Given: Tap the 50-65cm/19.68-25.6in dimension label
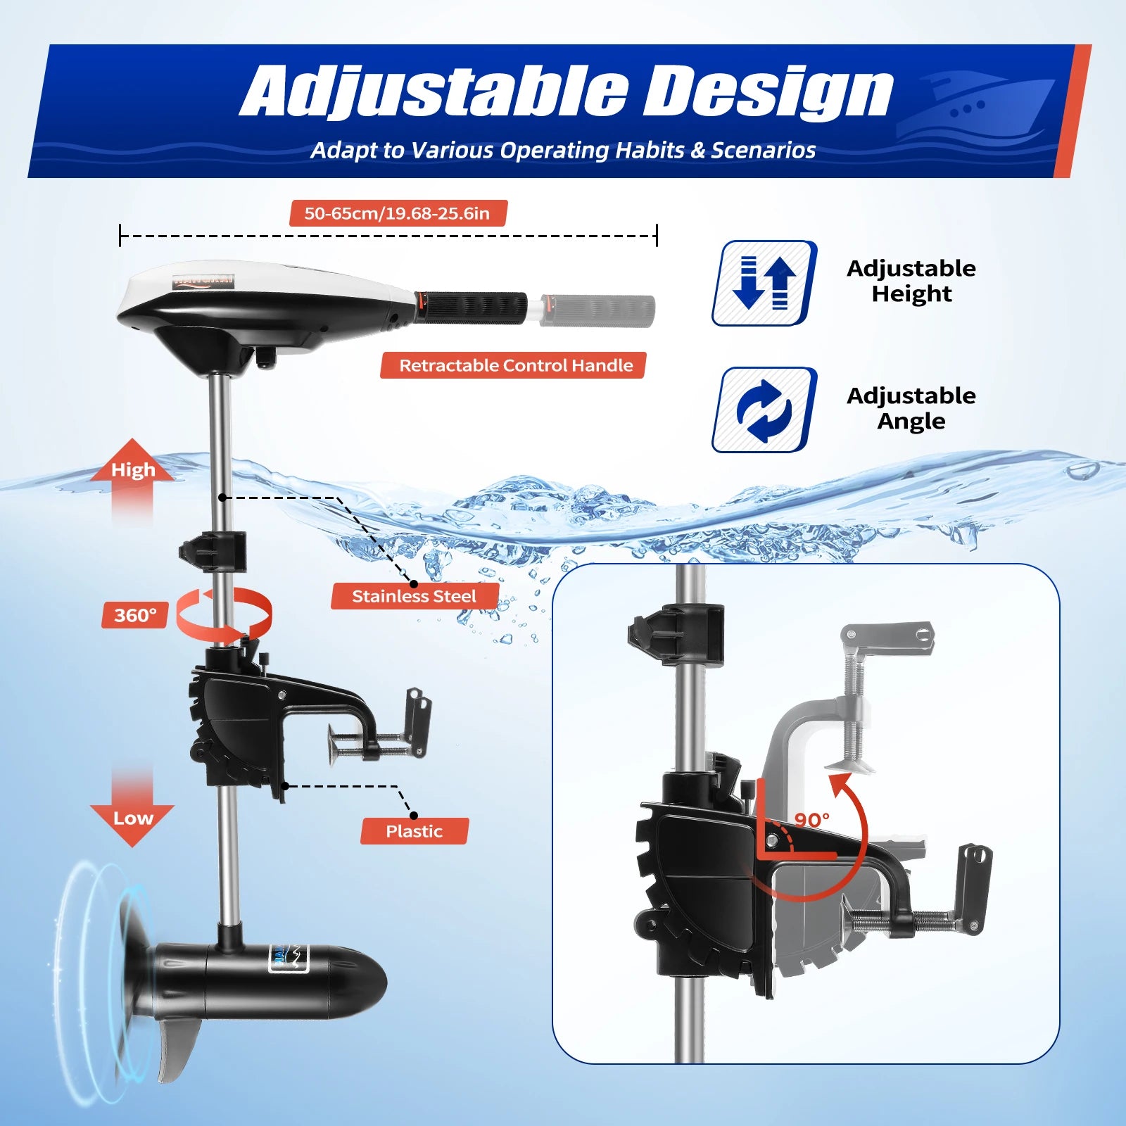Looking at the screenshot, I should point(398,213).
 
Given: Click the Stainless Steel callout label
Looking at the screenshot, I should point(415,596).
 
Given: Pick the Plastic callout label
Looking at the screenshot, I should point(414,831).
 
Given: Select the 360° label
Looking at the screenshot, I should point(134,615).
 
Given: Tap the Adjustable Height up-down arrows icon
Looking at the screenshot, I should point(764,283).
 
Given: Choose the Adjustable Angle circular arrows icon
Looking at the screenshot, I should point(764,410).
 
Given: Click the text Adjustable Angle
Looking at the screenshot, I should point(911,408).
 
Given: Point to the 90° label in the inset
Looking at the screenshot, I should point(811,820).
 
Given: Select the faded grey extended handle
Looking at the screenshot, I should point(598,310).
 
